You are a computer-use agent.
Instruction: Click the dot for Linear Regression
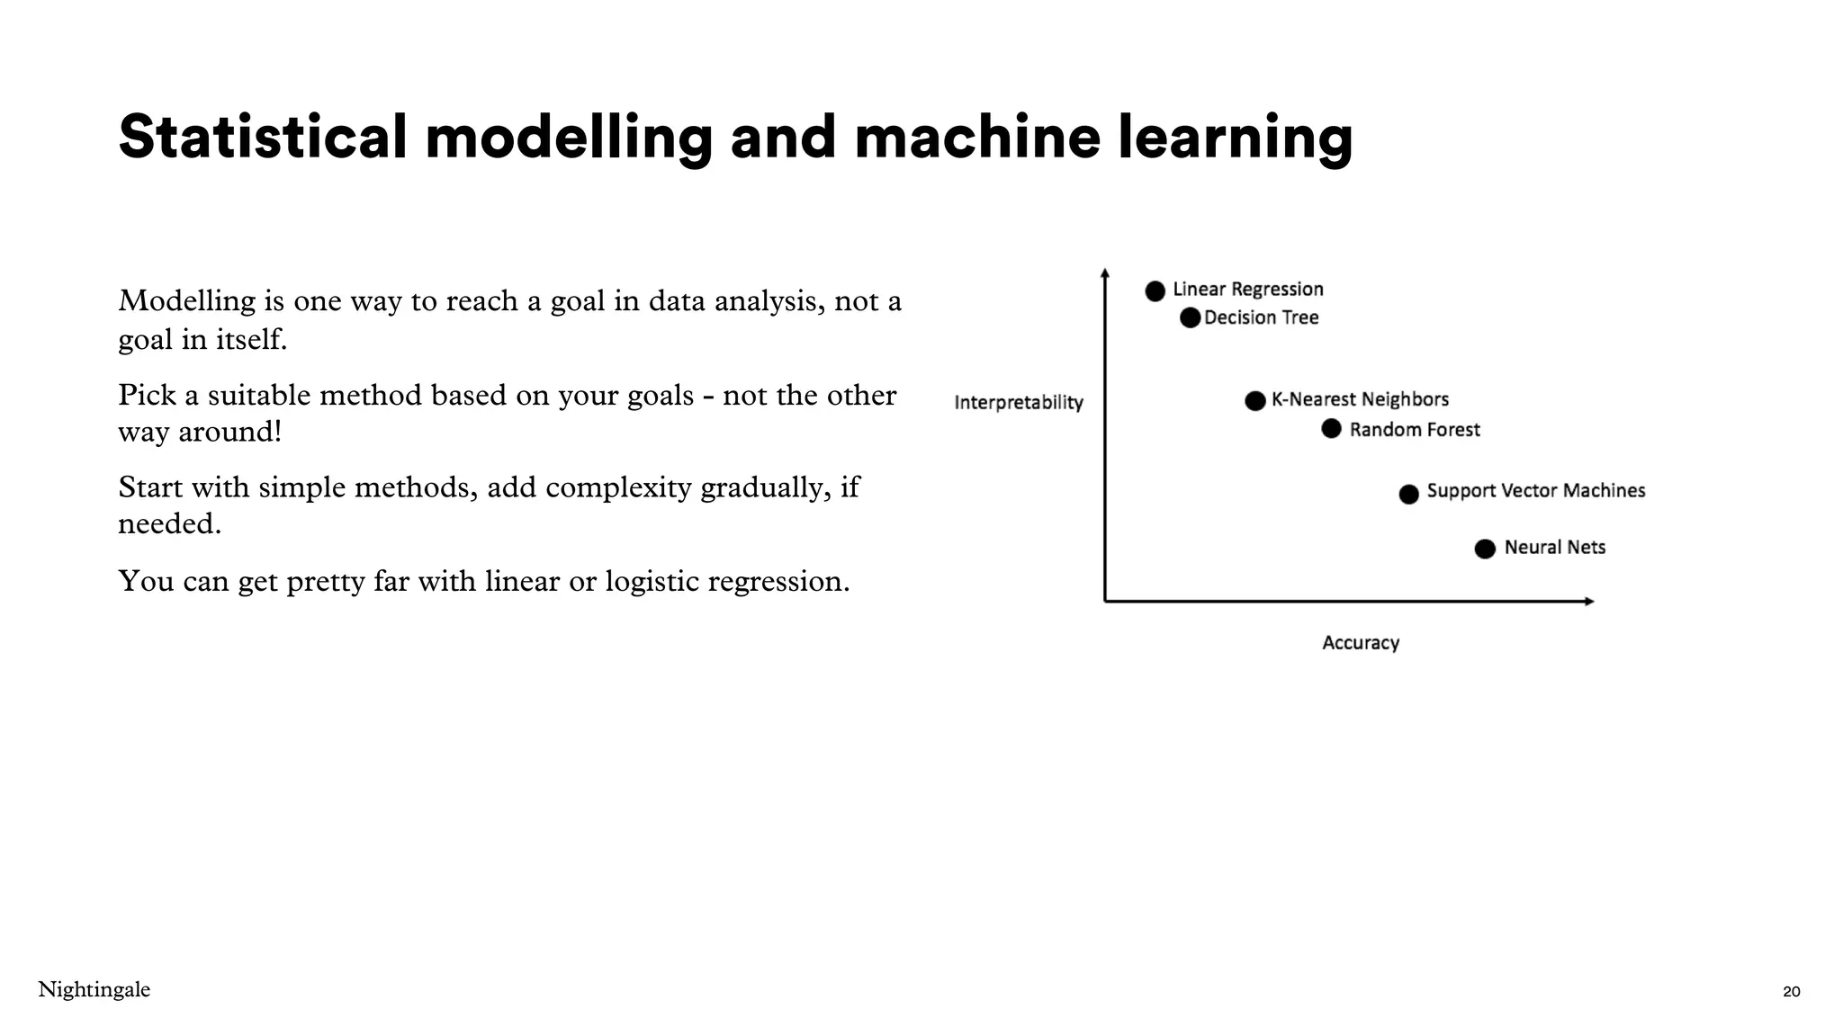1155,290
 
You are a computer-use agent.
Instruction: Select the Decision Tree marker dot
1190,317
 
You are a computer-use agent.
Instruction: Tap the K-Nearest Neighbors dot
1255,401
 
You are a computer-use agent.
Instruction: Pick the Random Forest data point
1332,429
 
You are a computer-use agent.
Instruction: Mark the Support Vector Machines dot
1409,494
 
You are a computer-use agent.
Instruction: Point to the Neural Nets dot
1486,549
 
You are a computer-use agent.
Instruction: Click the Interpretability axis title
1019,403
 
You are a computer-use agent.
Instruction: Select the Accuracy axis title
1361,643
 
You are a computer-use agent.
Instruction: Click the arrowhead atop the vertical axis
1105,273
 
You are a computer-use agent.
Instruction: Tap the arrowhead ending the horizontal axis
1589,601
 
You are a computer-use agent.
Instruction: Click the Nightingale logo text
94,990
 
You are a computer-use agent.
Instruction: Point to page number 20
1791,992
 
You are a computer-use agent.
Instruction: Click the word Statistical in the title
262,138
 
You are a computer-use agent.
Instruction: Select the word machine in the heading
976,138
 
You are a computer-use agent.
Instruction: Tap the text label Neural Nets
1555,548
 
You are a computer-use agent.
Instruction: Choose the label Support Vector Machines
1536,491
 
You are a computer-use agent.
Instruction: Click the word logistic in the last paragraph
652,582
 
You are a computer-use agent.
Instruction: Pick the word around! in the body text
229,433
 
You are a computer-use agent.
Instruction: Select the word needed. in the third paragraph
169,523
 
